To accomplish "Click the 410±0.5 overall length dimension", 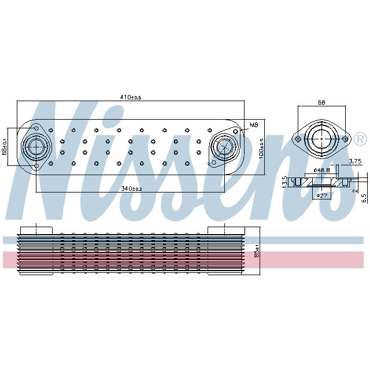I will [x=131, y=97].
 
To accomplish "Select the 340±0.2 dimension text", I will [x=131, y=188].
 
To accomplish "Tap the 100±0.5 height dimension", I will [x=261, y=148].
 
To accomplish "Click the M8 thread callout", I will [x=253, y=125].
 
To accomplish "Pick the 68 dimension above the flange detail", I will [x=321, y=103].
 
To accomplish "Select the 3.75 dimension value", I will [x=355, y=161].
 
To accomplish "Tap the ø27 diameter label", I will [x=321, y=196].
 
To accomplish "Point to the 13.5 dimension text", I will [x=284, y=182].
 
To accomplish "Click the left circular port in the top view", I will [x=35, y=147].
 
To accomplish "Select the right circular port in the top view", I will [x=223, y=147].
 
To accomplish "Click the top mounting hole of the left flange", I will [x=35, y=128].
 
